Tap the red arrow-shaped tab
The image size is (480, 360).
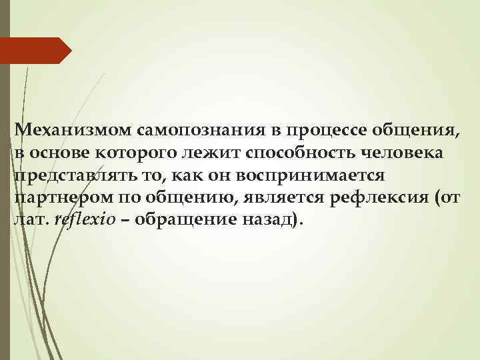pos(36,51)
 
